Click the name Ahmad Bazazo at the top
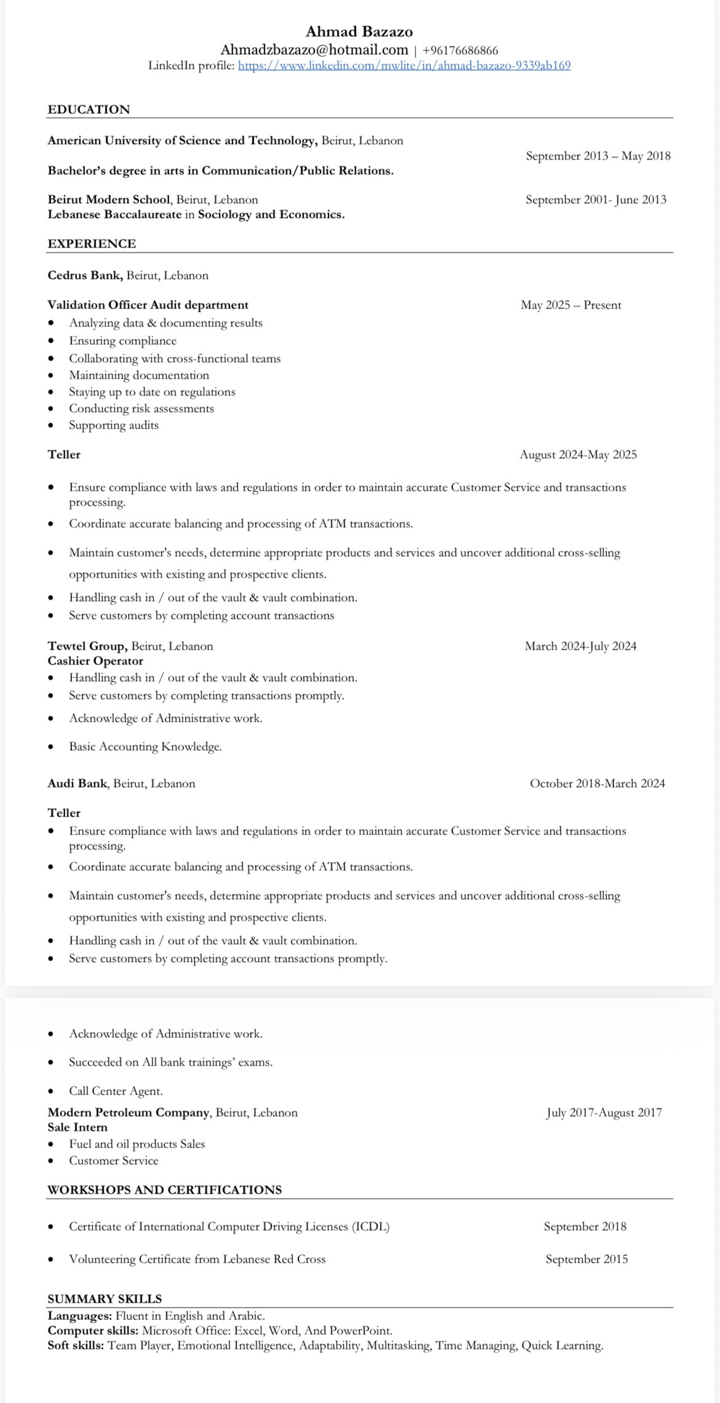[359, 31]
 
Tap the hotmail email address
[314, 50]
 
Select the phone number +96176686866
[460, 51]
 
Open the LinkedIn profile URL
[404, 65]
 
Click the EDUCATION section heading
[89, 110]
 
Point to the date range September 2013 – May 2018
[598, 156]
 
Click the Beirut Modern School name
[109, 200]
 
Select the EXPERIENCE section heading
[92, 244]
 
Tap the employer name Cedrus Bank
[85, 275]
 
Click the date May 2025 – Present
[570, 305]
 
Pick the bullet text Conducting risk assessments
[141, 408]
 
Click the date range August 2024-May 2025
[578, 455]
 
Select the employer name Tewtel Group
[87, 646]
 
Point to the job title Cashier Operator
[95, 661]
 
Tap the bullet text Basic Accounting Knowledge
[145, 746]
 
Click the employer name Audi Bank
[78, 783]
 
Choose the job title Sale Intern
[78, 1127]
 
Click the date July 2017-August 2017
[604, 1112]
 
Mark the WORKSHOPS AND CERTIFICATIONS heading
[164, 1189]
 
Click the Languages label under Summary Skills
[79, 1316]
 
